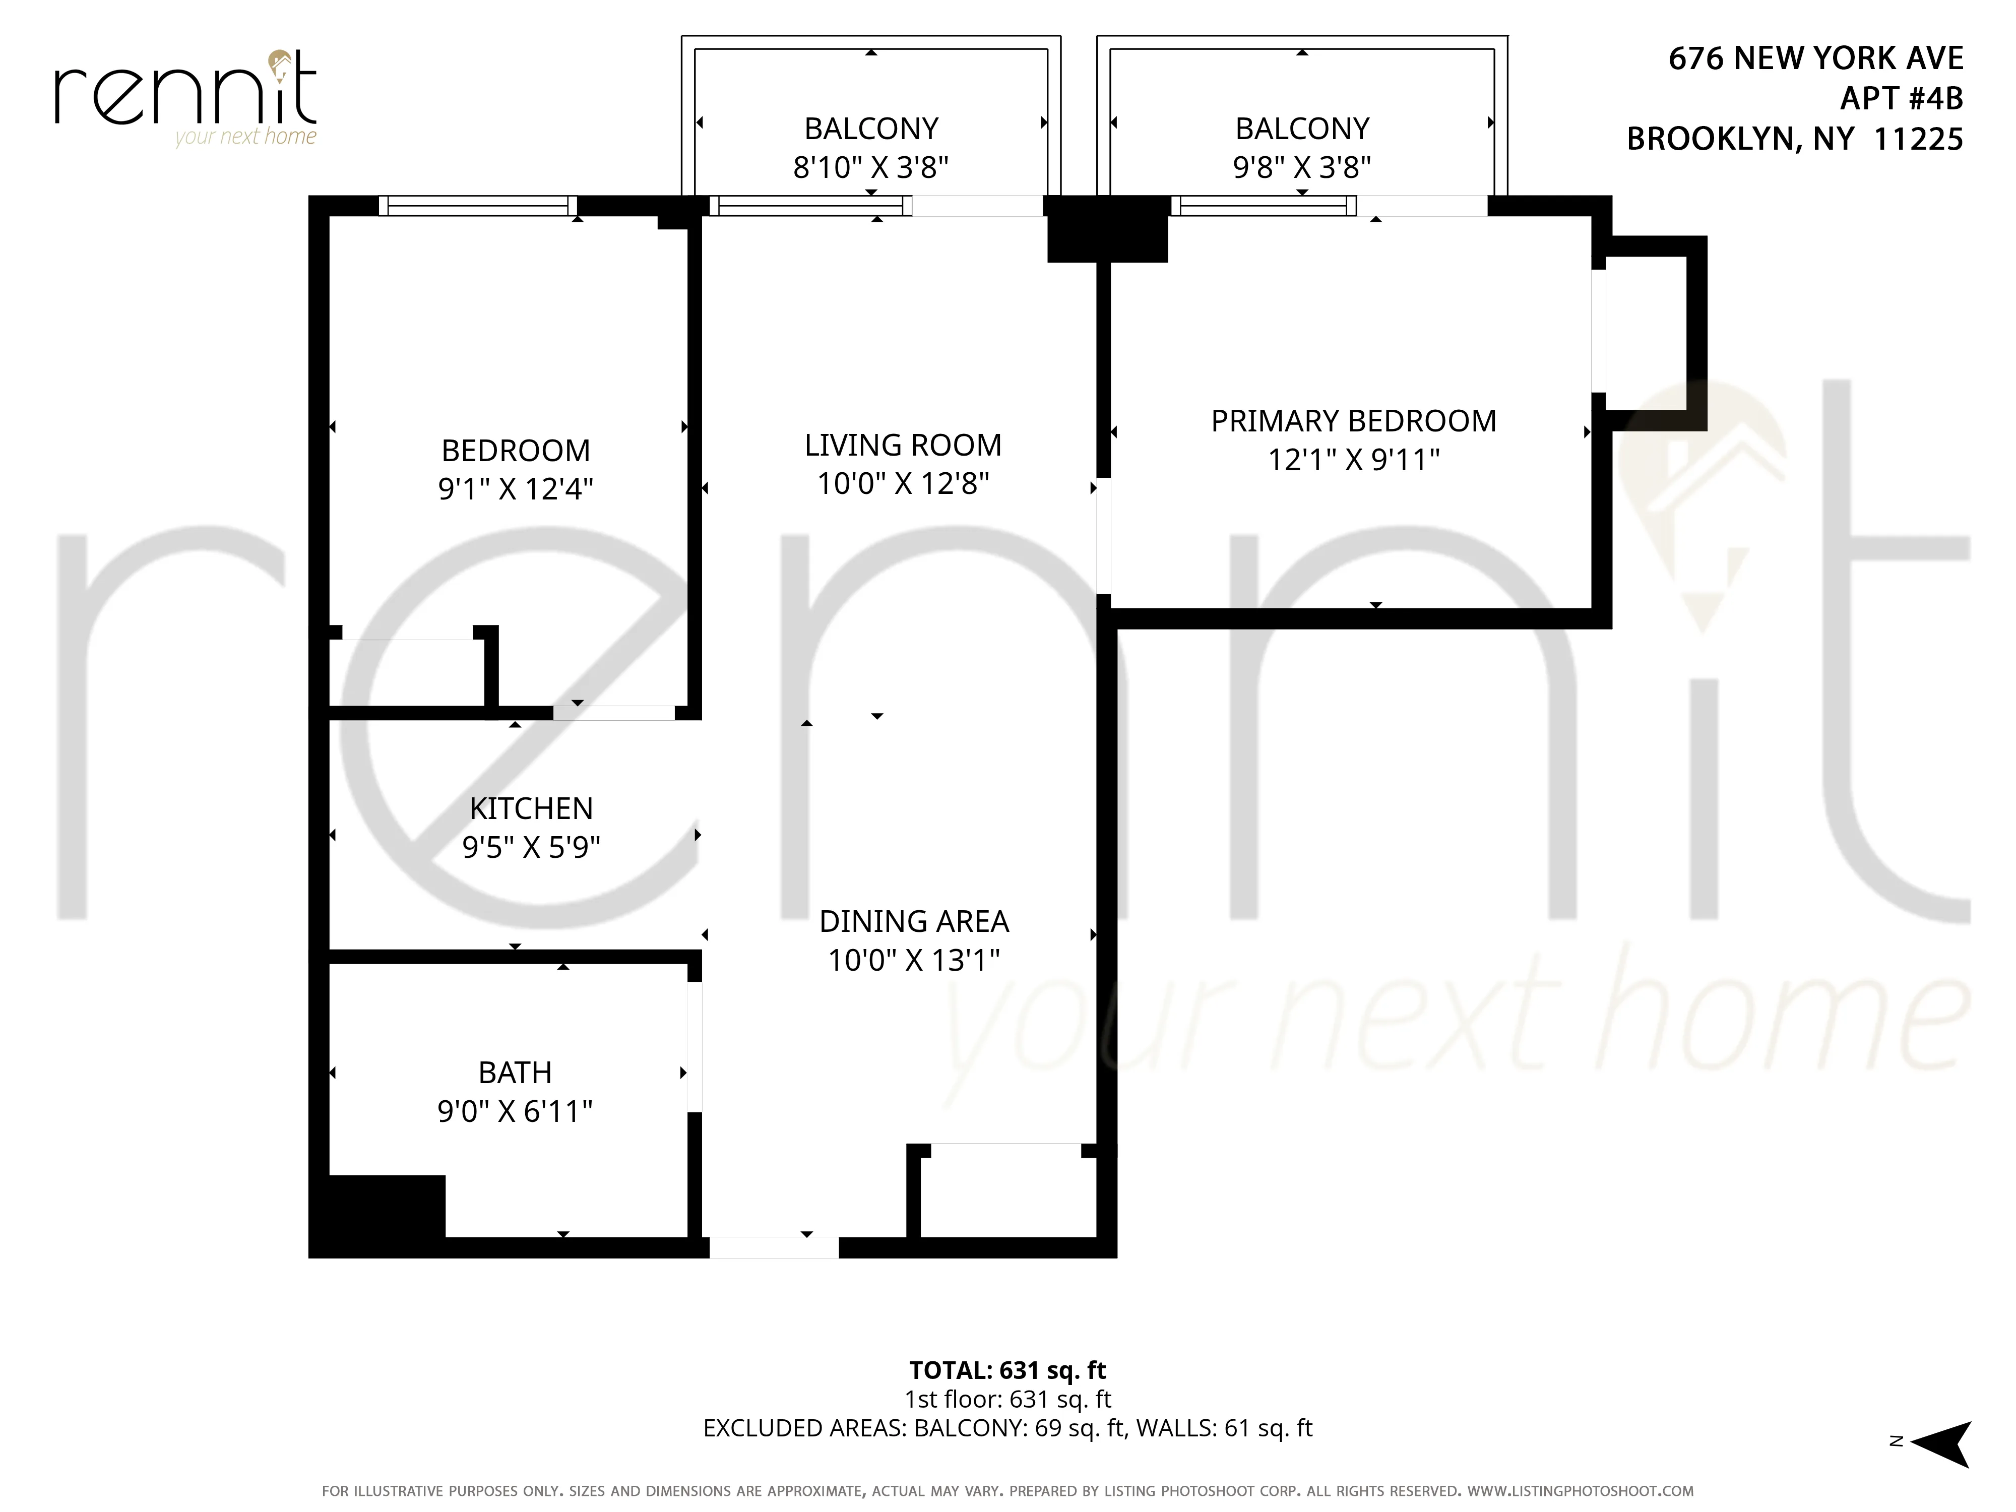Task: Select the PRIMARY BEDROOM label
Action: click(1353, 421)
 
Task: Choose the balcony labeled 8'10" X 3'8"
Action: click(870, 146)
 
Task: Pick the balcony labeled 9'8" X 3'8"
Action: click(1301, 146)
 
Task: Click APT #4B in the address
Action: click(1901, 98)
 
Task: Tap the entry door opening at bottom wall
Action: click(774, 1248)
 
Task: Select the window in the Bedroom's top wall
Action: click(478, 206)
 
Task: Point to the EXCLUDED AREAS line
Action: click(1007, 1428)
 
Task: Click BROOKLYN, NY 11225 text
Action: click(1794, 139)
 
